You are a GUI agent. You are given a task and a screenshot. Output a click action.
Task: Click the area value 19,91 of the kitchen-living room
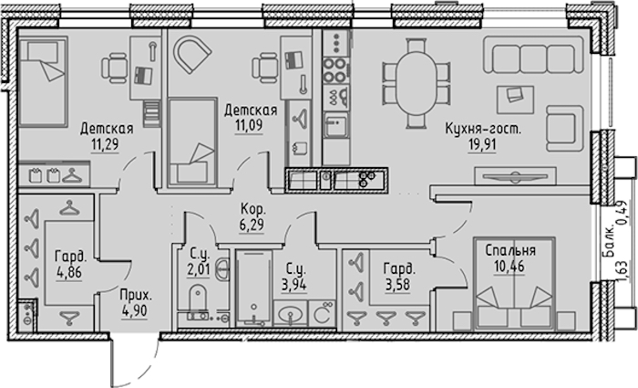coord(482,145)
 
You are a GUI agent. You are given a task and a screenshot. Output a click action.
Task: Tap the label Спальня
coord(510,250)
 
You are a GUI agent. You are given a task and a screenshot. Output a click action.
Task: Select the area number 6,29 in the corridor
coord(252,225)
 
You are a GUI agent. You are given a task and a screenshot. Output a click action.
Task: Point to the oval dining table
coord(417,83)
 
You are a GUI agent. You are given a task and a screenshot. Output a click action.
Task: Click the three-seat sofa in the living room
coord(533,54)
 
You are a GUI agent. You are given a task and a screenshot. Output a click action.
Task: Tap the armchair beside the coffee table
coord(564,129)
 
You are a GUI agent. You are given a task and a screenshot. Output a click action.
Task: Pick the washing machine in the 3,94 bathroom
coord(323,313)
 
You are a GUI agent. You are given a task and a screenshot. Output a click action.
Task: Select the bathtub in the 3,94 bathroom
coord(254,288)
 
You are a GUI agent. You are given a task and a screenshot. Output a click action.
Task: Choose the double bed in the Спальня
coord(514,284)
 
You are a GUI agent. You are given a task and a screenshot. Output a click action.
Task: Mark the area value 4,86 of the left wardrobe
coord(69,273)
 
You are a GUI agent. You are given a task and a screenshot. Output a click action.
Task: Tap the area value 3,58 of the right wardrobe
coord(398,285)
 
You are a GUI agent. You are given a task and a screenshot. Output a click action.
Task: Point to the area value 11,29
coord(105,144)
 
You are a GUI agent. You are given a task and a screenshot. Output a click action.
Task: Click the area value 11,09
coord(248,126)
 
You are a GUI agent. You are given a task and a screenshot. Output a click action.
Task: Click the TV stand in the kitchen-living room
coord(516,176)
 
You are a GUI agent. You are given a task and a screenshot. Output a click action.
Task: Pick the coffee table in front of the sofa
coord(515,100)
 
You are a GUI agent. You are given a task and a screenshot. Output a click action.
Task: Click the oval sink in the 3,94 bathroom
coord(291,314)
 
